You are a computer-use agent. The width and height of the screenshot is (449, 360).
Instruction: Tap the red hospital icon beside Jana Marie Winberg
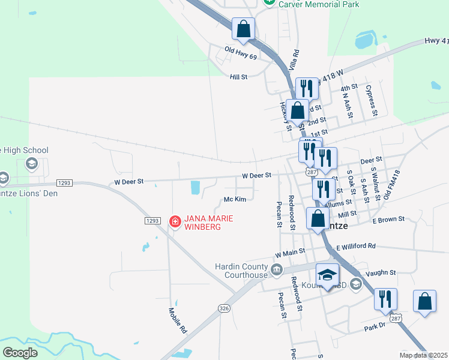[175, 222]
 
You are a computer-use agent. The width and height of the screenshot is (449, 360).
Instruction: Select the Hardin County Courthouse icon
[276, 269]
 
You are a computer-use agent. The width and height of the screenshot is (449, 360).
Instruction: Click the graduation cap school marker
[328, 275]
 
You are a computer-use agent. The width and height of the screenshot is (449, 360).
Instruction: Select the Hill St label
[238, 77]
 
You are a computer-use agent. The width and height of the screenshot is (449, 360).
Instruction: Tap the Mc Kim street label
[235, 199]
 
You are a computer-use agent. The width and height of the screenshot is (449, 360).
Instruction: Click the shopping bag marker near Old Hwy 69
[243, 29]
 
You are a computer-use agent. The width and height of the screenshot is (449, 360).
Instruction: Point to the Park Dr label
[375, 326]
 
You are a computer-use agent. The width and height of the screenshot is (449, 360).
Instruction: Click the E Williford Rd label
[356, 247]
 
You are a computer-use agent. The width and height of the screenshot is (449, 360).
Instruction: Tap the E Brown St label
[388, 220]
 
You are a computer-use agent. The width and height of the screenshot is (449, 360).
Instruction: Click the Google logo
[20, 352]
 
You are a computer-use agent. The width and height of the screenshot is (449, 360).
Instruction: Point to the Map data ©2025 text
[423, 355]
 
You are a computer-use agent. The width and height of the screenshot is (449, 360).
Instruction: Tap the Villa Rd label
[295, 62]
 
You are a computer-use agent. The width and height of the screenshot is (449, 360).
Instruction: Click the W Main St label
[291, 254]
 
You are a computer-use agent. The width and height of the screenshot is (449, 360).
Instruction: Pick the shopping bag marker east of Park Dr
[424, 302]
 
